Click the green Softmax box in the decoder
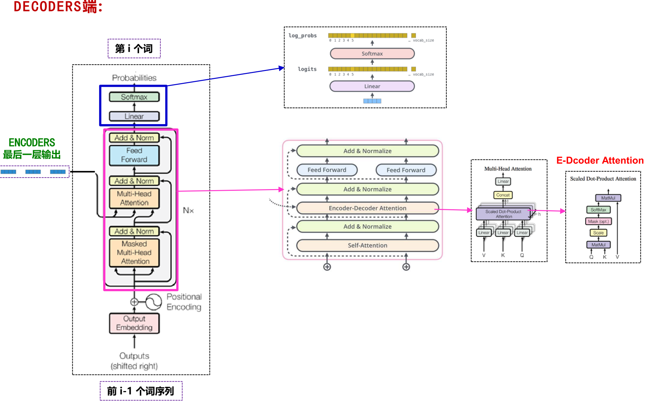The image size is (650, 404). point(134,97)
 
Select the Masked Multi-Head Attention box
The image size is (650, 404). point(134,252)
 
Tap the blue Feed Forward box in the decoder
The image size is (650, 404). point(134,155)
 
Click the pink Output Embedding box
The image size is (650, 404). point(134,323)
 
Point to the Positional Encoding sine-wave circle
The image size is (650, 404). point(154,302)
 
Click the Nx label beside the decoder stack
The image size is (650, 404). point(188,211)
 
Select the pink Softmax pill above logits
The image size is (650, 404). point(372,53)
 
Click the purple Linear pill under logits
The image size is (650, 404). point(372,86)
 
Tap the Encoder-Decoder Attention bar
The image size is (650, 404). point(367,208)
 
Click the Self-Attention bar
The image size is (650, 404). point(367,245)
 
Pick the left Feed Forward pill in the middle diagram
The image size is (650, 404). point(327,170)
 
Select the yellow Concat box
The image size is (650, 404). point(503,195)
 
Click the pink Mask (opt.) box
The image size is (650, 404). point(598,221)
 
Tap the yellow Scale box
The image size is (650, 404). point(598,233)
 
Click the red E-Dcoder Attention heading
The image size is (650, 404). point(600,160)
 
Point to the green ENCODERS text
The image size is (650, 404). point(32,143)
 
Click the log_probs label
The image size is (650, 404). point(302,36)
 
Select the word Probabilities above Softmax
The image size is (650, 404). point(134,78)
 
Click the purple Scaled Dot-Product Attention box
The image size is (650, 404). point(503,214)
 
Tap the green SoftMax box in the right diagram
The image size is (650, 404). point(598,210)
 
